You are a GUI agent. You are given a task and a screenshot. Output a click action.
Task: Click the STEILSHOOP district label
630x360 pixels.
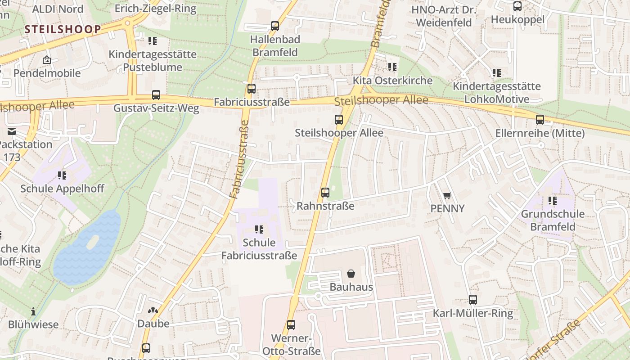pos(63,30)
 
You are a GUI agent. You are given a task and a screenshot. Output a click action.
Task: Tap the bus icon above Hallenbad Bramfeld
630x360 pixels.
pos(275,26)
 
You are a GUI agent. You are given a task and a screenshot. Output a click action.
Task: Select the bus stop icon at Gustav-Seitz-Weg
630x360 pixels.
pos(156,95)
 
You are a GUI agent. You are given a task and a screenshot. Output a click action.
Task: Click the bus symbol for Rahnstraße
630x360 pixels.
pos(325,193)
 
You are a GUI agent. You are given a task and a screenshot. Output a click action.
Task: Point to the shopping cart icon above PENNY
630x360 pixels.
pos(447,195)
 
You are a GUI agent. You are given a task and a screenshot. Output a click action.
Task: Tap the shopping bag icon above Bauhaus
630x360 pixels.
pos(351,274)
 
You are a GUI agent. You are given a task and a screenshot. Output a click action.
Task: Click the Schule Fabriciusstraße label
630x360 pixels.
pos(259,249)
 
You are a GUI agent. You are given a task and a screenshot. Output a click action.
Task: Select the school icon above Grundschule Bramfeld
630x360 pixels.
pos(553,201)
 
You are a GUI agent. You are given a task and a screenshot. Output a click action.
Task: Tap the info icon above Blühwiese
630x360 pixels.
pos(33,311)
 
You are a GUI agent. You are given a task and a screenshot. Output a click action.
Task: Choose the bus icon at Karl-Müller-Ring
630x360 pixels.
pos(473,300)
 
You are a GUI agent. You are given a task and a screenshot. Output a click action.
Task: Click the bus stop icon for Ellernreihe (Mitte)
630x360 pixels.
pos(540,120)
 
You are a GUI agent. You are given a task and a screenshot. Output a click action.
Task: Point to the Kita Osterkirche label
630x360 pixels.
pos(392,81)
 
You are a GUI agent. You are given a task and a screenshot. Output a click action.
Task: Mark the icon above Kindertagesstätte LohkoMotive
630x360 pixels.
pos(497,72)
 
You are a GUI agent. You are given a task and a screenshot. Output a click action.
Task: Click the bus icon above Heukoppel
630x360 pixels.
pos(517,6)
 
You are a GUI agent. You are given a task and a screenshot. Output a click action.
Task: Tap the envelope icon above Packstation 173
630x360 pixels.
pos(11,131)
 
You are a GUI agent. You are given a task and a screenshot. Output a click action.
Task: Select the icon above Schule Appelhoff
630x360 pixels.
pos(62,175)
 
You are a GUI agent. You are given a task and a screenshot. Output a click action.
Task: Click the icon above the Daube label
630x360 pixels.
pos(153,310)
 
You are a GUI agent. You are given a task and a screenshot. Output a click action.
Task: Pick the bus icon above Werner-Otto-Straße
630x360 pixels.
pos(291,325)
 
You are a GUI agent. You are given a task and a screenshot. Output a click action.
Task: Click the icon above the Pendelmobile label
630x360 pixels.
pos(47,60)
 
